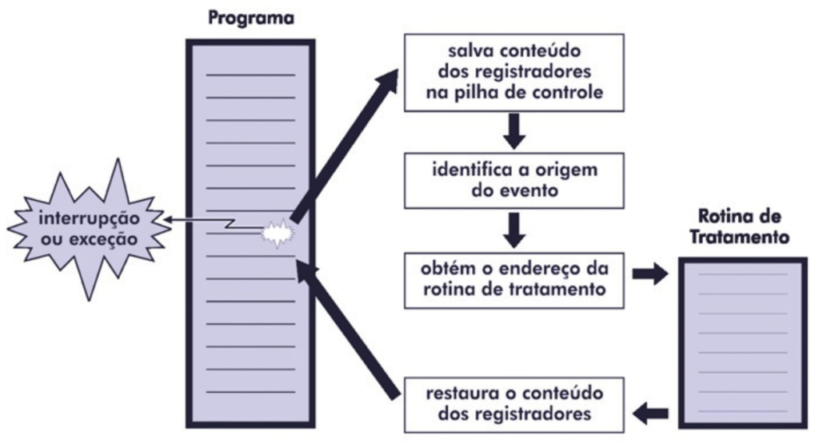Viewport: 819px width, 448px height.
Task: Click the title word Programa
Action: pos(250,17)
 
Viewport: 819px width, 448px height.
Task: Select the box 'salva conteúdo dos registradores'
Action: pos(514,72)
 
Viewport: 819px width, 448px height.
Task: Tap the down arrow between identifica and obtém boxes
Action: pos(515,229)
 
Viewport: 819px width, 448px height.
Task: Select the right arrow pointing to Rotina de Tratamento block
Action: pos(649,274)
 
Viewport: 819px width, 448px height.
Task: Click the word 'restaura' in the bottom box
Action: pos(457,393)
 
